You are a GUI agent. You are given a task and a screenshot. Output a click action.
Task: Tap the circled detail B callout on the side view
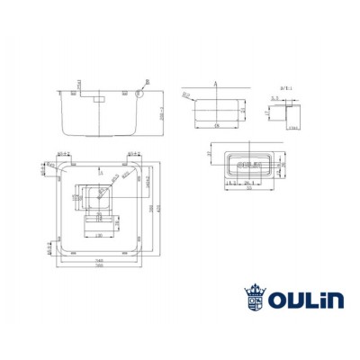tap(140, 91)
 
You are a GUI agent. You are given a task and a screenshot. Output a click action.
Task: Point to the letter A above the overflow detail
tap(217, 82)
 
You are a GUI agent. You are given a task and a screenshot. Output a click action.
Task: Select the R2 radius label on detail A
tap(185, 94)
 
